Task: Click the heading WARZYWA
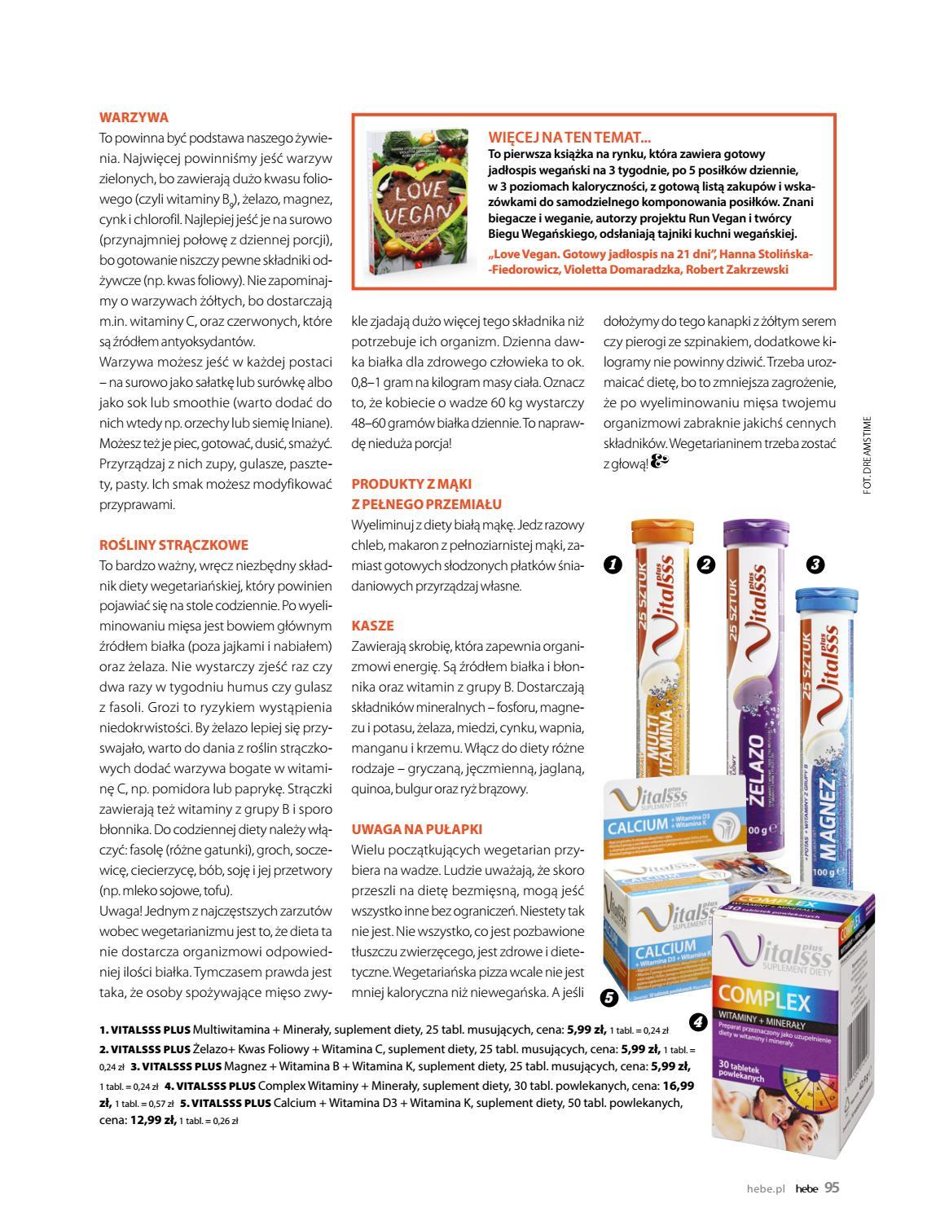click(134, 117)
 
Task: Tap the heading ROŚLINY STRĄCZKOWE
click(174, 545)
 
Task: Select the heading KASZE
click(372, 626)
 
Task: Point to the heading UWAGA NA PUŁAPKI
click(416, 829)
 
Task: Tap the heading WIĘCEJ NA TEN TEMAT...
click(569, 138)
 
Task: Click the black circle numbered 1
click(613, 564)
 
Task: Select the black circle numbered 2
click(705, 564)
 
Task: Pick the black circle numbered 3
click(815, 564)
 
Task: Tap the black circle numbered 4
click(697, 1021)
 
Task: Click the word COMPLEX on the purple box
click(762, 999)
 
